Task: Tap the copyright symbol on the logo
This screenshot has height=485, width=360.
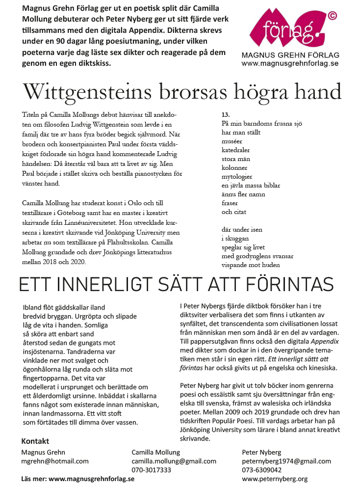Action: [x=332, y=16]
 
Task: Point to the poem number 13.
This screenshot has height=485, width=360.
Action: [x=226, y=115]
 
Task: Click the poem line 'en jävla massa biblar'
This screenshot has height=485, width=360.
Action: [x=251, y=186]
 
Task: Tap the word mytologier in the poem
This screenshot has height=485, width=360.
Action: [x=237, y=177]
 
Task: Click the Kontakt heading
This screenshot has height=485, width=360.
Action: [x=35, y=441]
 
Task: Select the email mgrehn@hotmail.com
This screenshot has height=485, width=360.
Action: [x=55, y=461]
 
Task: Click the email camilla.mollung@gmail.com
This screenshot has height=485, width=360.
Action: [x=174, y=461]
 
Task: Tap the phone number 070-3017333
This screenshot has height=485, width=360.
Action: [x=151, y=470]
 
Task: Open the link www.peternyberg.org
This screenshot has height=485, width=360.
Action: [x=275, y=479]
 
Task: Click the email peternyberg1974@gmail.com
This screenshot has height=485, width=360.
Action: [x=286, y=461]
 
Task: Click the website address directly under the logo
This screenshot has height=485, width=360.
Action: [x=289, y=63]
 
